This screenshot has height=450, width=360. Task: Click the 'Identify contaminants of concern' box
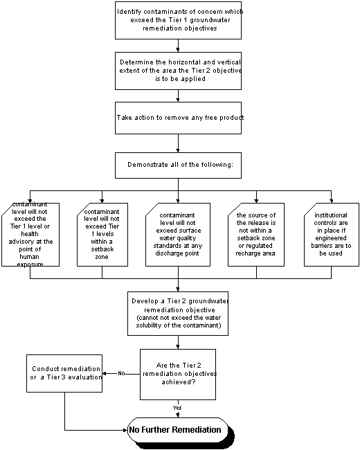178,20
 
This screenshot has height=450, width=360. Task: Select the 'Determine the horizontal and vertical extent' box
178,71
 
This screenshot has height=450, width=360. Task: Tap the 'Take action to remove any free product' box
178,118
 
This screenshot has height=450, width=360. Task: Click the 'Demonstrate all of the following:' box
178,165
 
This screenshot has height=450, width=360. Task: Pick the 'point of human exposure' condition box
30,235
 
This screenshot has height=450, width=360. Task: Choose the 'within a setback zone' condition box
102,235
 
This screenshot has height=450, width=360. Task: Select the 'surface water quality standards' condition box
178,235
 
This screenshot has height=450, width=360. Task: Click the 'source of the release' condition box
256,235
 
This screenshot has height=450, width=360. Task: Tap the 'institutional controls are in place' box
332,235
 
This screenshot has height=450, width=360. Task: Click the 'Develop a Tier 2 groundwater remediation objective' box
178,314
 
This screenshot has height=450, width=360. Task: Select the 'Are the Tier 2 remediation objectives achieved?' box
178,375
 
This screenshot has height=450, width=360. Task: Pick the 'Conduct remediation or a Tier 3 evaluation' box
64,373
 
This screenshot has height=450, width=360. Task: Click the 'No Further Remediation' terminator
178,430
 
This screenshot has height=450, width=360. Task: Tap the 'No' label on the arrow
121,373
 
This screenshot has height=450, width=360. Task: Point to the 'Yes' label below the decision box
177,408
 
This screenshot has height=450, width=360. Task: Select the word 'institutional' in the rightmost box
331,215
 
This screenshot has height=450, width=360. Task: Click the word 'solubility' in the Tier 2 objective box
148,325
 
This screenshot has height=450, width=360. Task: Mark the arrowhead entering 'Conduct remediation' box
105,373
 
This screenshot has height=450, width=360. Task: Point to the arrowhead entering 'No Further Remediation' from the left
125,430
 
